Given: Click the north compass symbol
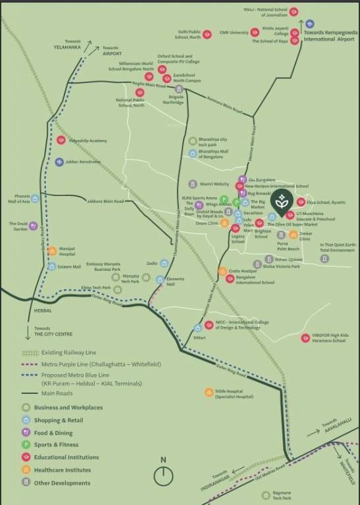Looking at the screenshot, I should [x=163, y=475].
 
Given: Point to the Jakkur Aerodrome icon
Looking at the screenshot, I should [x=60, y=162].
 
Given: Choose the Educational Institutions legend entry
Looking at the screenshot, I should [x=66, y=457].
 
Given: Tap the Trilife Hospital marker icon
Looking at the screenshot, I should [x=208, y=393].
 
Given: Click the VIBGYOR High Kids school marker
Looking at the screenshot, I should [x=305, y=338].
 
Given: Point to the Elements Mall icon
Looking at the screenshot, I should [x=159, y=279].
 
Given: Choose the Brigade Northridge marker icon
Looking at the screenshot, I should [x=179, y=89].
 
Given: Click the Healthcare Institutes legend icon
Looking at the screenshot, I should [x=26, y=469].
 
